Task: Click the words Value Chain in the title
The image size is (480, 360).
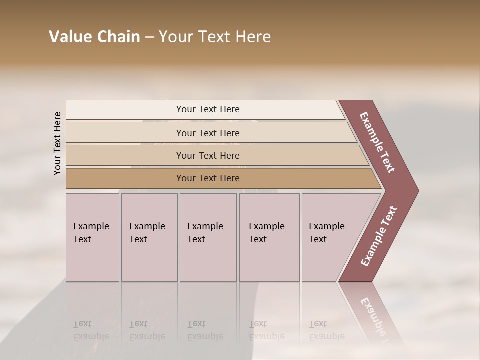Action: pyautogui.click(x=94, y=37)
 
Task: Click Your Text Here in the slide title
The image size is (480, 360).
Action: pyautogui.click(x=215, y=37)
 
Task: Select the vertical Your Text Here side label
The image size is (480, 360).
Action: pyautogui.click(x=57, y=143)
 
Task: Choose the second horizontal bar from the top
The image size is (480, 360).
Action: pyautogui.click(x=207, y=133)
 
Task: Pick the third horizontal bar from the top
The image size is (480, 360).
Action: pyautogui.click(x=207, y=155)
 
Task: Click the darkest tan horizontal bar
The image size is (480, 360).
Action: pyautogui.click(x=207, y=178)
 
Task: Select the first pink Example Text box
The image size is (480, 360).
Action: pyautogui.click(x=92, y=237)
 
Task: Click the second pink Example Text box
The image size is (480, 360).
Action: pyautogui.click(x=149, y=237)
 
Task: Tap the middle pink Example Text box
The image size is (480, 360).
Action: pyautogui.click(x=208, y=237)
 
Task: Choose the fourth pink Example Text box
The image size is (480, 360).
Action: pyautogui.click(x=269, y=237)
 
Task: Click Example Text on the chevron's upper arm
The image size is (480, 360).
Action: pyautogui.click(x=378, y=142)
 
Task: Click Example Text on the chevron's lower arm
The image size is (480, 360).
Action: pyautogui.click(x=379, y=236)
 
